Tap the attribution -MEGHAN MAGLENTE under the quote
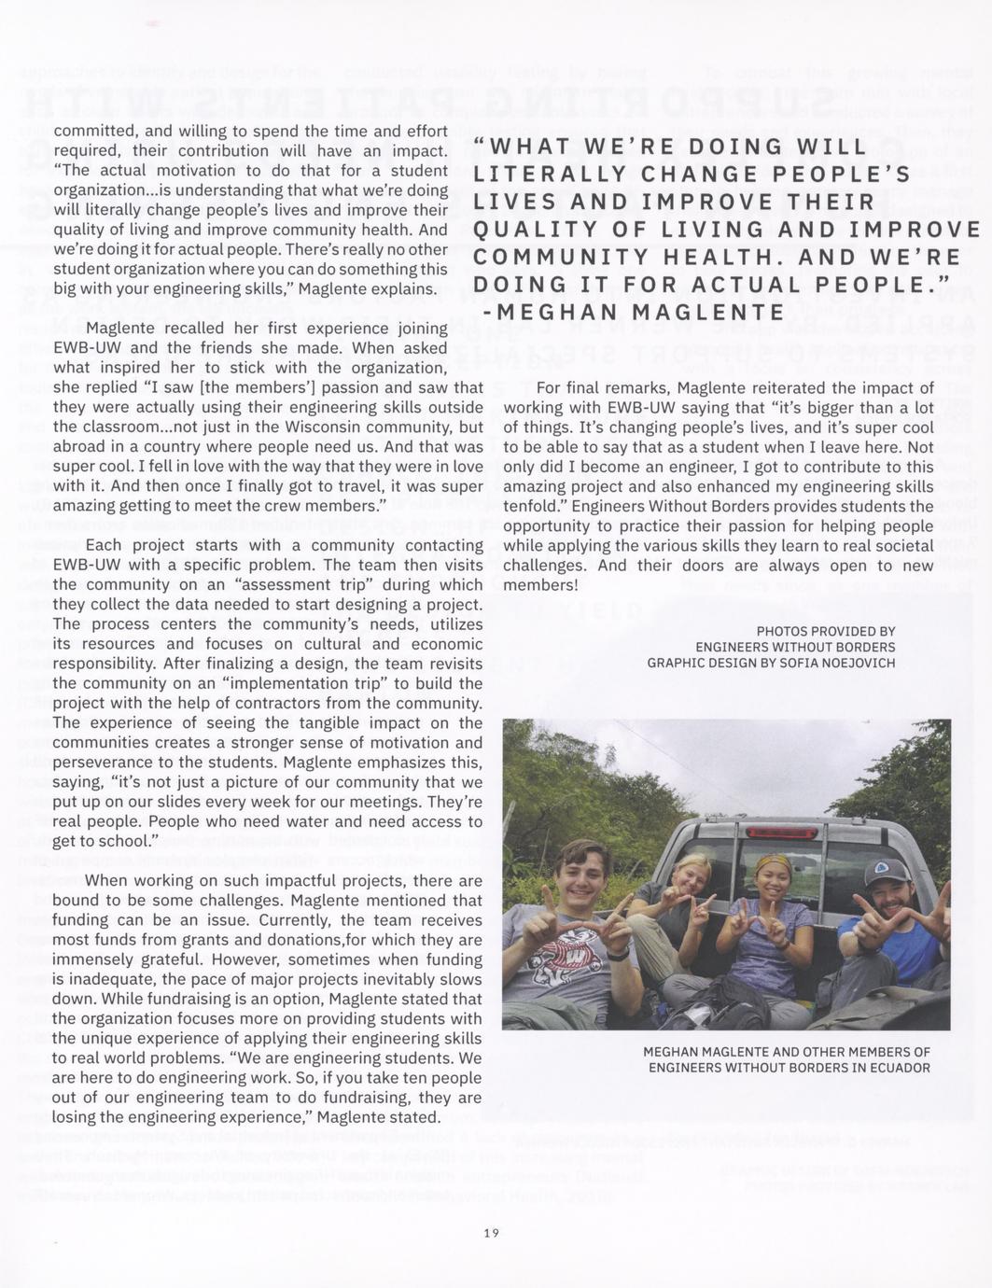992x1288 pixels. (x=628, y=312)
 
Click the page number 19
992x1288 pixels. (x=492, y=1233)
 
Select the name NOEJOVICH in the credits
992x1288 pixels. (x=854, y=663)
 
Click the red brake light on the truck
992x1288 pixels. (x=781, y=832)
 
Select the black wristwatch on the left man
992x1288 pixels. (x=617, y=952)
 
